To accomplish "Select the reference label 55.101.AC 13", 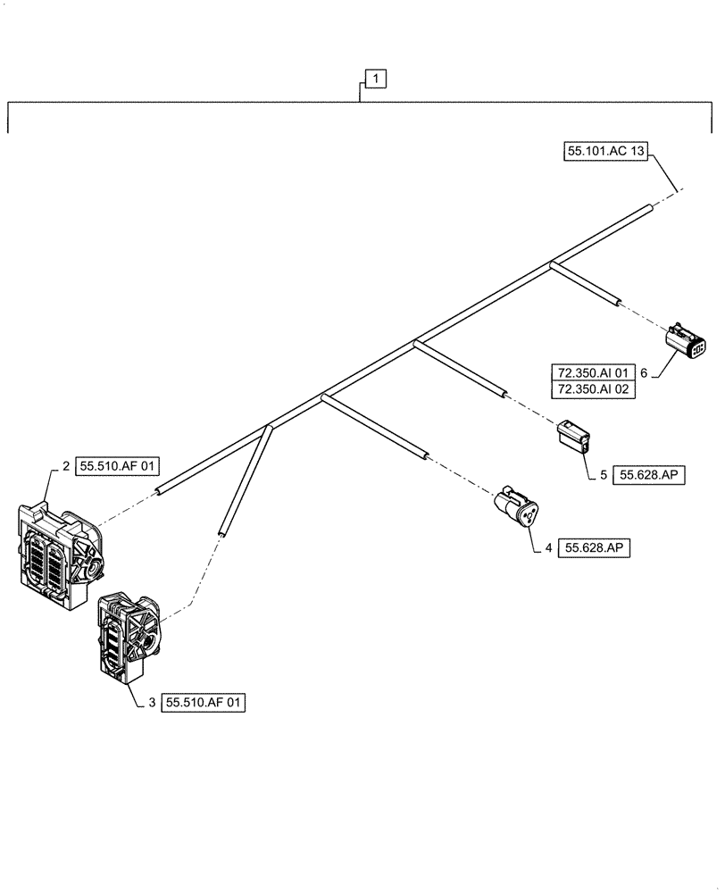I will coord(605,152).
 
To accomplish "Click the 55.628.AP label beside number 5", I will coord(650,475).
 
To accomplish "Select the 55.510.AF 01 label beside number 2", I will coord(118,465).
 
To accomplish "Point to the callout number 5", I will coord(603,475).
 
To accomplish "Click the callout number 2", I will coord(66,465).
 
